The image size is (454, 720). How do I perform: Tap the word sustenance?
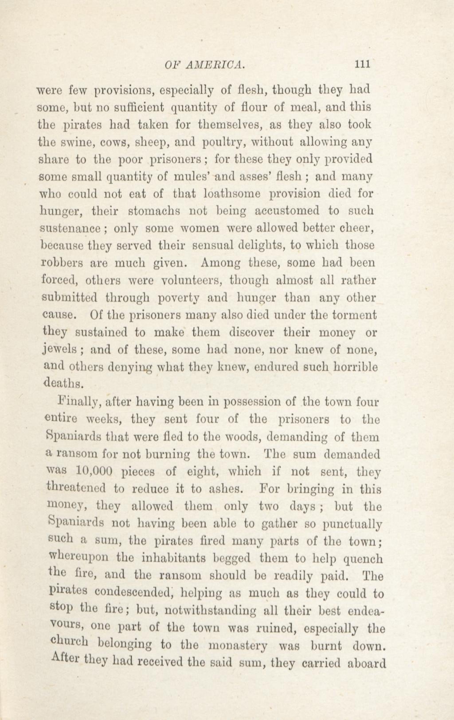pyautogui.click(x=70, y=229)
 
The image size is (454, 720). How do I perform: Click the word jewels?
pyautogui.click(x=61, y=350)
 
